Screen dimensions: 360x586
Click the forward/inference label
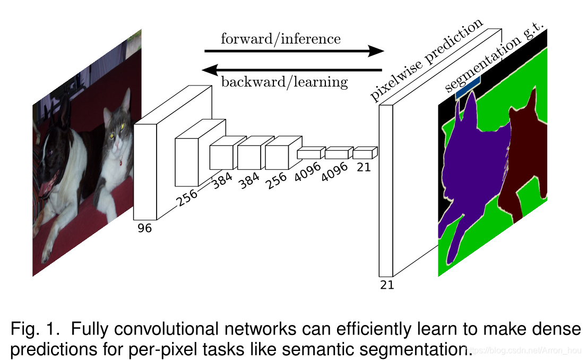280,39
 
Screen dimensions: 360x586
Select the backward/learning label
284,82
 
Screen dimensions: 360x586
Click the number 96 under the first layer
144,228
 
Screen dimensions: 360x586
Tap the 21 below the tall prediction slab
387,285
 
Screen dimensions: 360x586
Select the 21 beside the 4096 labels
364,167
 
